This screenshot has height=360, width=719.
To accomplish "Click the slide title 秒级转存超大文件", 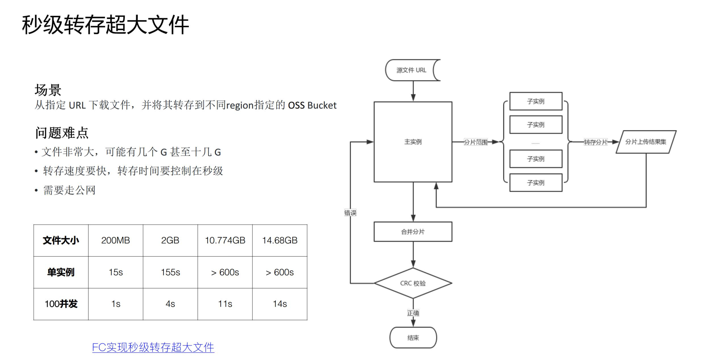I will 105,25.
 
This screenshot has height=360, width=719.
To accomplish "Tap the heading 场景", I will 48,90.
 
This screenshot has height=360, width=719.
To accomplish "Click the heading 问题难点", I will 62,133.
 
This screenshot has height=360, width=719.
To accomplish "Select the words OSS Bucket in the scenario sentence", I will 312,105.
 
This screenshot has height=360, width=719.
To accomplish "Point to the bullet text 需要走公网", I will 69,190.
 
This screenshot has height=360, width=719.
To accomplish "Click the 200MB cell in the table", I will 116,240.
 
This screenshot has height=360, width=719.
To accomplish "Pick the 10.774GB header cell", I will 225,240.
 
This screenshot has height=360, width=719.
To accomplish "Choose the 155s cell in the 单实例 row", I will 170,272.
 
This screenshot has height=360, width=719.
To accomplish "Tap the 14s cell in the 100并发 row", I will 280,304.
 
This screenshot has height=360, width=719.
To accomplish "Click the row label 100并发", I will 61,304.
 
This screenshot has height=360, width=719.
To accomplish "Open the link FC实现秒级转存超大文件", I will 153,347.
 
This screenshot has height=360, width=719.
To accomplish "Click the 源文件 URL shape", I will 411,70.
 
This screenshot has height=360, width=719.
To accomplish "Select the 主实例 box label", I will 413,142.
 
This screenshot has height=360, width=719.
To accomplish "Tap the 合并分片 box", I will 413,232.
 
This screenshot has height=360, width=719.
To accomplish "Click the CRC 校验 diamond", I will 413,283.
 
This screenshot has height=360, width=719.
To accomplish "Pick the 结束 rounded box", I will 413,338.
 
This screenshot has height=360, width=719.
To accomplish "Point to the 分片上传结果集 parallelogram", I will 646,142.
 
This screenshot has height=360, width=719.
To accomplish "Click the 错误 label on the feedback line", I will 350,213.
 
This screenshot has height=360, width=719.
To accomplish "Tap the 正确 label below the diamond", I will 413,313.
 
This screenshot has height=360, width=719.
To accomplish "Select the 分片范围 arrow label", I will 475,142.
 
